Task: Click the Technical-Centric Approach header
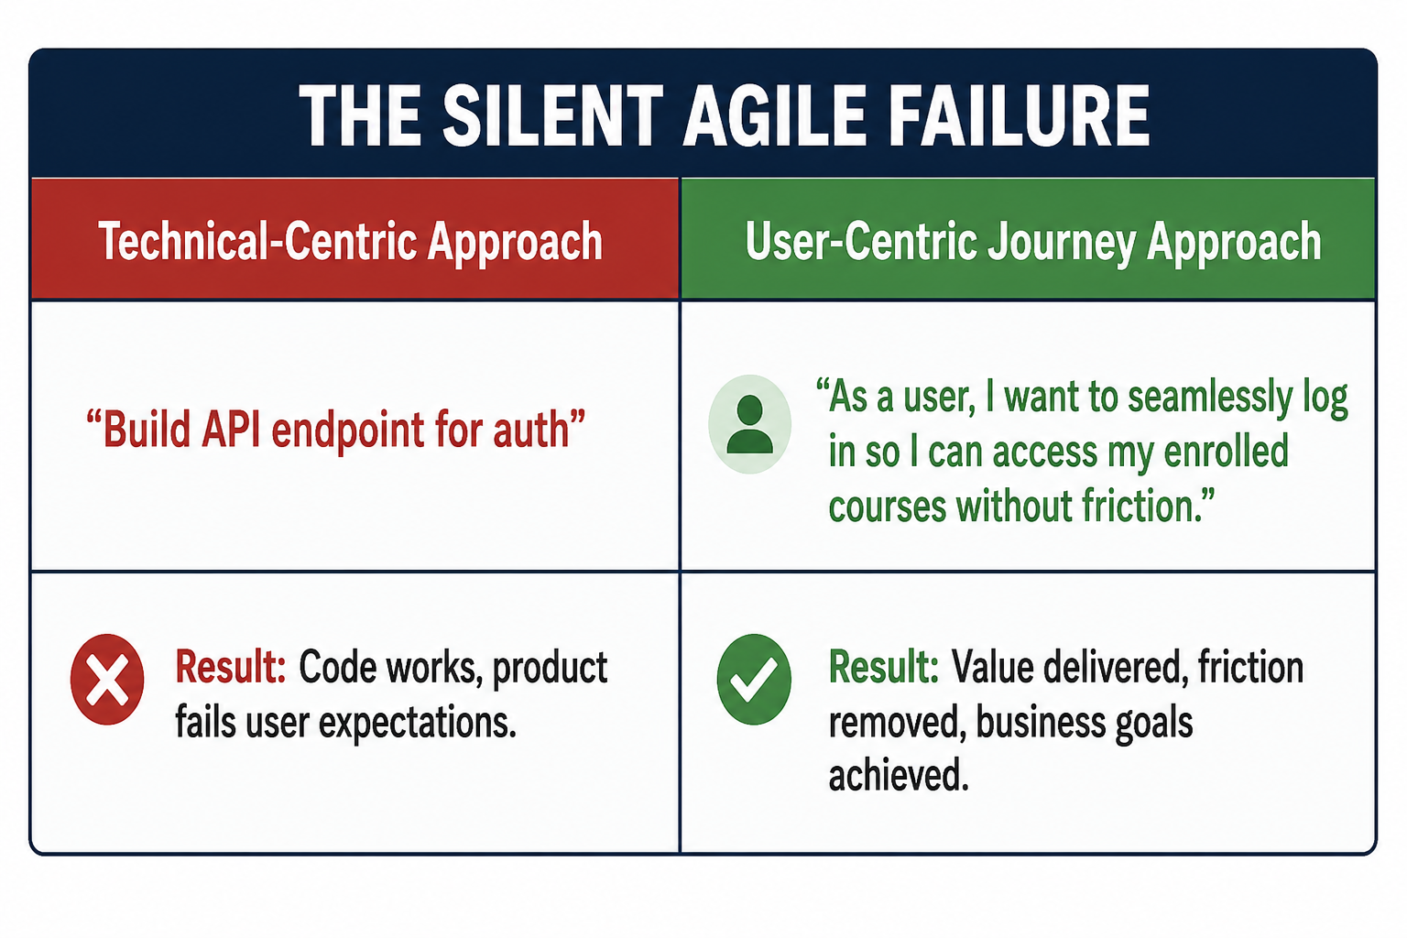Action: [x=351, y=242]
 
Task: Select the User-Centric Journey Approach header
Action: [x=1033, y=242]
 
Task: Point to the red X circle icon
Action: [x=107, y=679]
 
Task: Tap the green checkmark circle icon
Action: [x=754, y=679]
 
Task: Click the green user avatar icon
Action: [x=749, y=424]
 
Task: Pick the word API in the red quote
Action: [x=231, y=431]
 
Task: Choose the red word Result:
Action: [x=231, y=667]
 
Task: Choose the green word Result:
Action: [x=884, y=667]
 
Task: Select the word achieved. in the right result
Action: [x=899, y=775]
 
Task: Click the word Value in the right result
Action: [x=992, y=667]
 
